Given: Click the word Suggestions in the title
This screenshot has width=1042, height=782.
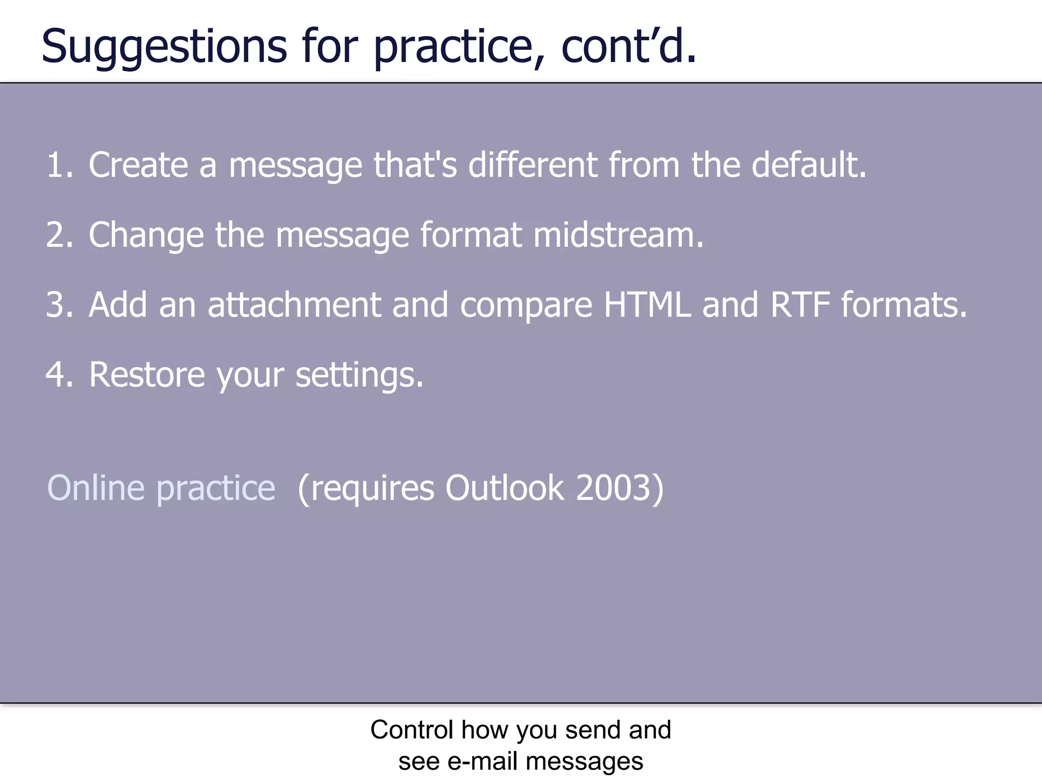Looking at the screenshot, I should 164,47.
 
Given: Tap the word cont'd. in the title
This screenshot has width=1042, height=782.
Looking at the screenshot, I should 628,47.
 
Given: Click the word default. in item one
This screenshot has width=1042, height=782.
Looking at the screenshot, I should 809,165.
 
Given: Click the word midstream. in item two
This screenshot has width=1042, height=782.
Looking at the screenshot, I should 618,235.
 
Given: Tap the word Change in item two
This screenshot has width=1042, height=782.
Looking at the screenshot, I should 146,236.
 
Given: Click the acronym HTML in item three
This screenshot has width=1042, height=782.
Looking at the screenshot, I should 647,304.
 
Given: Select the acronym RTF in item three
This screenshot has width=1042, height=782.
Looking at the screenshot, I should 800,304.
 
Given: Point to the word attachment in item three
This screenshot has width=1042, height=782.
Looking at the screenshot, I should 294,304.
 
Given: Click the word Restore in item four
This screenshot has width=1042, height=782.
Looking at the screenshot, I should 147,374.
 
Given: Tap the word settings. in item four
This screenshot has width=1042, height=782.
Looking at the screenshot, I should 359,375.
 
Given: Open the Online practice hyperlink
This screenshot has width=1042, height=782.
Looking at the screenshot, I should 161,488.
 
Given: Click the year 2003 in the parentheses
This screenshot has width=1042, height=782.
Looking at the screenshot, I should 613,488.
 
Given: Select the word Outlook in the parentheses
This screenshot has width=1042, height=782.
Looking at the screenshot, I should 504,488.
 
